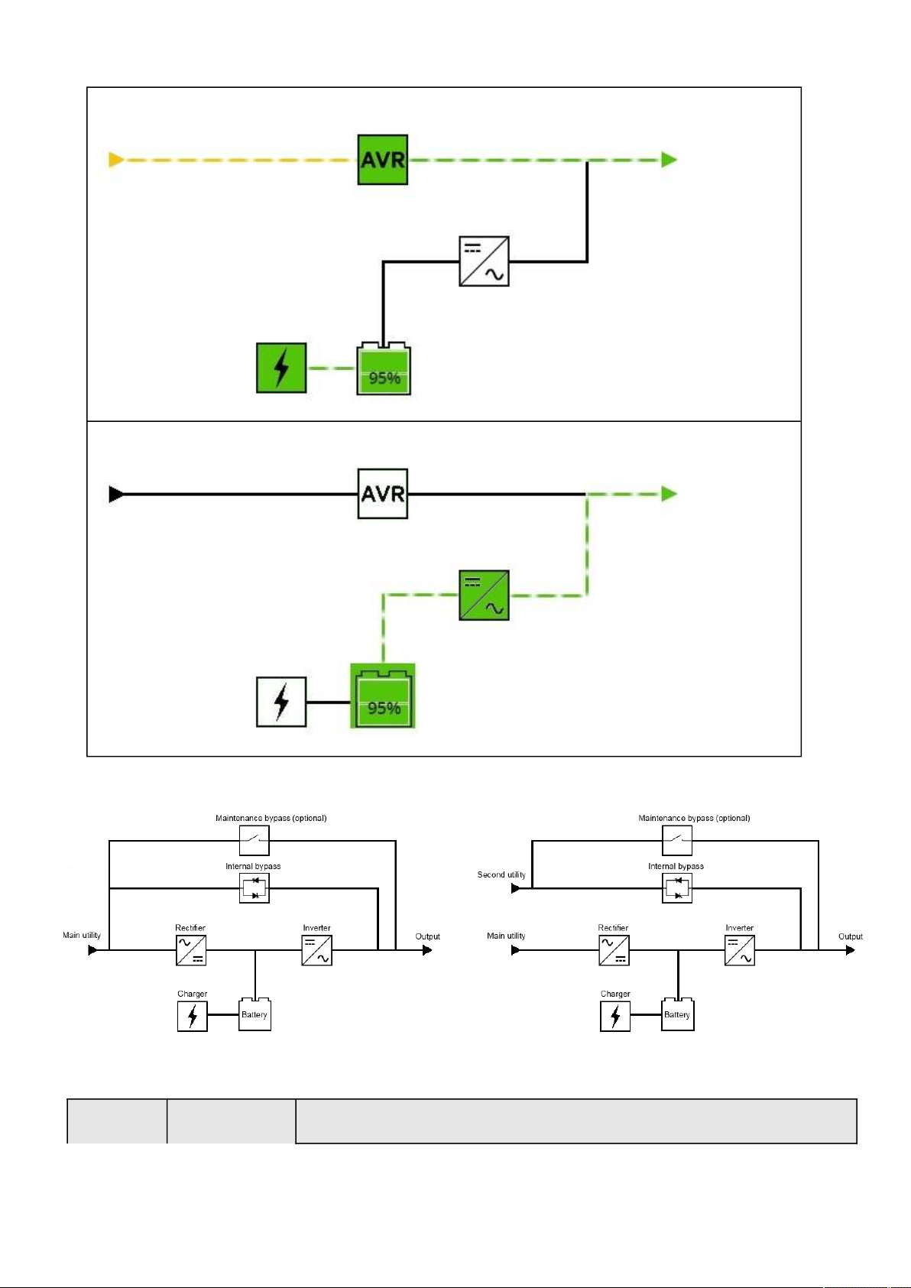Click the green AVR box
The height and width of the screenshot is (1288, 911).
[383, 160]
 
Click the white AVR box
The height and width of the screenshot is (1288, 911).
[383, 494]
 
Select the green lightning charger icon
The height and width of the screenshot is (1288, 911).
[281, 368]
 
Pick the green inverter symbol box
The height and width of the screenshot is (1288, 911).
[484, 595]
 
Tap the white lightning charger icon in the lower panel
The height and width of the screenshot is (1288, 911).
[281, 702]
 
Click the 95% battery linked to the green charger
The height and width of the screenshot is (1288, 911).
[384, 368]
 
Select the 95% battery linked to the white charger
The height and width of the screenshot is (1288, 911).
[383, 696]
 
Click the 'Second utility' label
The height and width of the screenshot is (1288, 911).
[501, 874]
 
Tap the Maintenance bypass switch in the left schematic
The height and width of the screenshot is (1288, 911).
[254, 841]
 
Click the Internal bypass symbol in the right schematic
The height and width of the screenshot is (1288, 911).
[677, 888]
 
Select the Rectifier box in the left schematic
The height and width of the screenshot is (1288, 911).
[191, 950]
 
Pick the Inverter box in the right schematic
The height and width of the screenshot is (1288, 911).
[740, 950]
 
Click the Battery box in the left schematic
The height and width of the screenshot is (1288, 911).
[254, 1014]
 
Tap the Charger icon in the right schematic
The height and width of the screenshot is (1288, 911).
[615, 1016]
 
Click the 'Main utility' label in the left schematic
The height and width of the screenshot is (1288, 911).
[82, 935]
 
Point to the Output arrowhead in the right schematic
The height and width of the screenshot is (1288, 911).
[851, 950]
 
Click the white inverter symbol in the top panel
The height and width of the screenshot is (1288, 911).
[484, 261]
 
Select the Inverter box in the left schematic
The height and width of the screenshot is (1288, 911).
[316, 950]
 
